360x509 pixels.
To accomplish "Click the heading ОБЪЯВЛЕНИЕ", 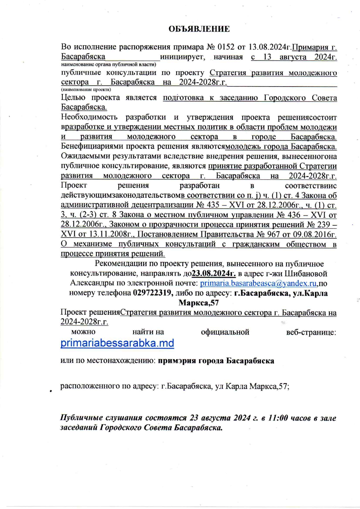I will (199, 29).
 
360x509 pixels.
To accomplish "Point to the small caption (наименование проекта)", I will (86, 89).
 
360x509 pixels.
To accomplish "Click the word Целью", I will (73, 97).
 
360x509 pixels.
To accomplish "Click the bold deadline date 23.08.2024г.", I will (214, 274).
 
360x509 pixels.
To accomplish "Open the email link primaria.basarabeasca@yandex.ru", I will (258, 283).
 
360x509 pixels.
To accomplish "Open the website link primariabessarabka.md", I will (117, 343).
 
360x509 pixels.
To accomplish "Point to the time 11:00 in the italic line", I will (278, 418).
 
